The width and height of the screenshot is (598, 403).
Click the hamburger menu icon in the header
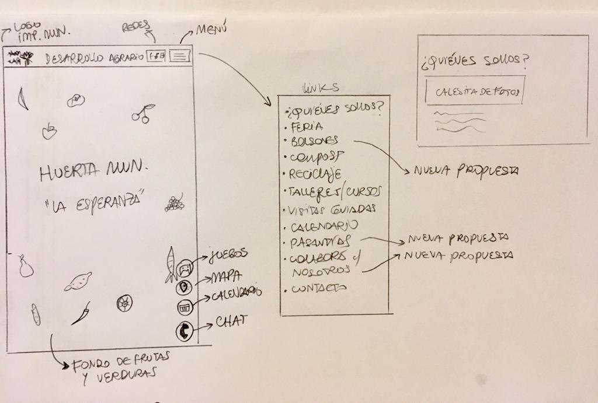click(181, 57)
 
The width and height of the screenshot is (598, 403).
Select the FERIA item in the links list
click(307, 126)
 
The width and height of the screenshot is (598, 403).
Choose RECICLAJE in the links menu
click(315, 174)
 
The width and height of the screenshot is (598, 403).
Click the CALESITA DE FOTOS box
click(475, 91)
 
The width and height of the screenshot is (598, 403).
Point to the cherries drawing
click(144, 113)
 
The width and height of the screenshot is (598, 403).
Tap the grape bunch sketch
click(174, 202)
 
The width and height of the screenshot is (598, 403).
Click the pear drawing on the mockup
click(25, 267)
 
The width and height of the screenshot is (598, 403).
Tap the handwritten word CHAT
click(232, 320)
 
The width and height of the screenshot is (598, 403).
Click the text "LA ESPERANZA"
click(94, 204)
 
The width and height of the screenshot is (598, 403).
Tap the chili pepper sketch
click(81, 313)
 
